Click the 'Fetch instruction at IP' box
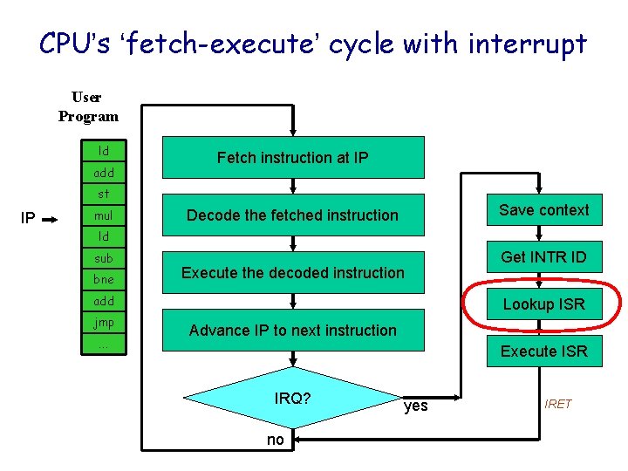pos(293,158)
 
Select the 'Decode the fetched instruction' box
pos(293,215)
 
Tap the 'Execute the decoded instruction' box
pos(293,273)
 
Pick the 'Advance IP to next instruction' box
pos(293,331)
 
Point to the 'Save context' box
pos(544,210)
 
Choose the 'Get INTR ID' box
pos(544,257)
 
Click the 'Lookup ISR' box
pos(544,304)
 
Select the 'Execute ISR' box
pos(544,352)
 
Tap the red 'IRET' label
pos(558,404)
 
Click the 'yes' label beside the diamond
pos(416,406)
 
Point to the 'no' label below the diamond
pos(276,440)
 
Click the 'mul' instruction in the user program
pos(104,215)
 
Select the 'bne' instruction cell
pos(104,279)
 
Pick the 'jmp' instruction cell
pos(104,322)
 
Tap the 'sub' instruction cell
pos(104,258)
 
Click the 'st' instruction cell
pos(104,194)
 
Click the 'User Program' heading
pos(88,106)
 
